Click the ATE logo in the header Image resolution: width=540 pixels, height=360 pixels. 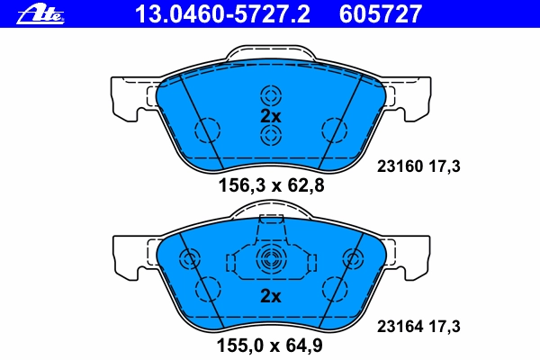pyautogui.click(x=40, y=14)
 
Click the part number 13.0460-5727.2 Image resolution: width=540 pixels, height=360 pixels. pyautogui.click(x=222, y=14)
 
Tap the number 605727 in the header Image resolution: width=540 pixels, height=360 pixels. pyautogui.click(x=380, y=14)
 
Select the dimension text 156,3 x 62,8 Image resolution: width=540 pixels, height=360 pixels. pyautogui.click(x=272, y=185)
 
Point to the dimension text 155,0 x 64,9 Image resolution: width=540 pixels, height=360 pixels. pyautogui.click(x=269, y=346)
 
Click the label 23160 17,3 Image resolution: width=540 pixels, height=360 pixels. pyautogui.click(x=418, y=166)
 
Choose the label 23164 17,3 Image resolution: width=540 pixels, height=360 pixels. pyautogui.click(x=418, y=326)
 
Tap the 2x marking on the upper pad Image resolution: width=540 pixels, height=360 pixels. pyautogui.click(x=271, y=116)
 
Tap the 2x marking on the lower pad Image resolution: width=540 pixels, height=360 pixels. pyautogui.click(x=271, y=296)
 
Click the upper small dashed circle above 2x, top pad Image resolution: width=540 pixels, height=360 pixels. pyautogui.click(x=271, y=95)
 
